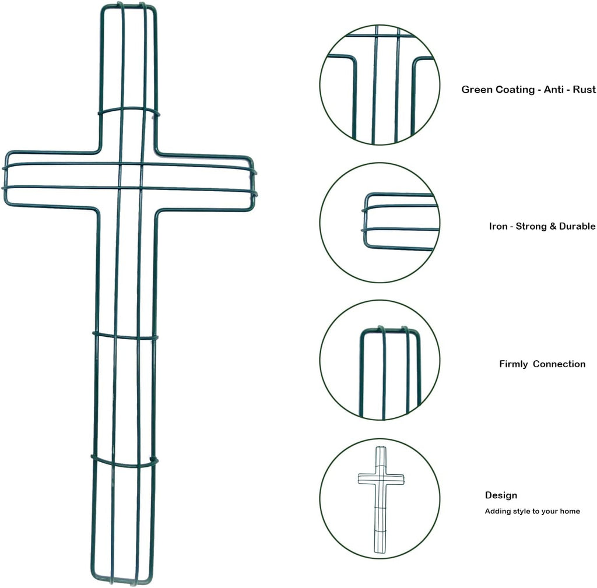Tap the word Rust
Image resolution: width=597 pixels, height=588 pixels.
click(584, 89)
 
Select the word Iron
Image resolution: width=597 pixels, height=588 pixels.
click(498, 226)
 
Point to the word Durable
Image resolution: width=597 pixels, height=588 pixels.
click(577, 226)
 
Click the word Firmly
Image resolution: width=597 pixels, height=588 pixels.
click(514, 364)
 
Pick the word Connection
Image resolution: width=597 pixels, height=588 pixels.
click(559, 364)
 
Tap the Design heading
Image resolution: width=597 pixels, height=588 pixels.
click(501, 495)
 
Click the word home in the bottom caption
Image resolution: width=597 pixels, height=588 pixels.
click(570, 511)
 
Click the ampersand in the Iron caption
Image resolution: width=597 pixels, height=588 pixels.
click(553, 226)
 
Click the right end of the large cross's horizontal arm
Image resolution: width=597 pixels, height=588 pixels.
click(254, 183)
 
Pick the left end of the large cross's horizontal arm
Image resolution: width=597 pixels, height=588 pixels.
click(5, 178)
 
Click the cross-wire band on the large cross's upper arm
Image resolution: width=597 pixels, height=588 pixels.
click(129, 110)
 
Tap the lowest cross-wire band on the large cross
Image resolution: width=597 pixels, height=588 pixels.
click(124, 462)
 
